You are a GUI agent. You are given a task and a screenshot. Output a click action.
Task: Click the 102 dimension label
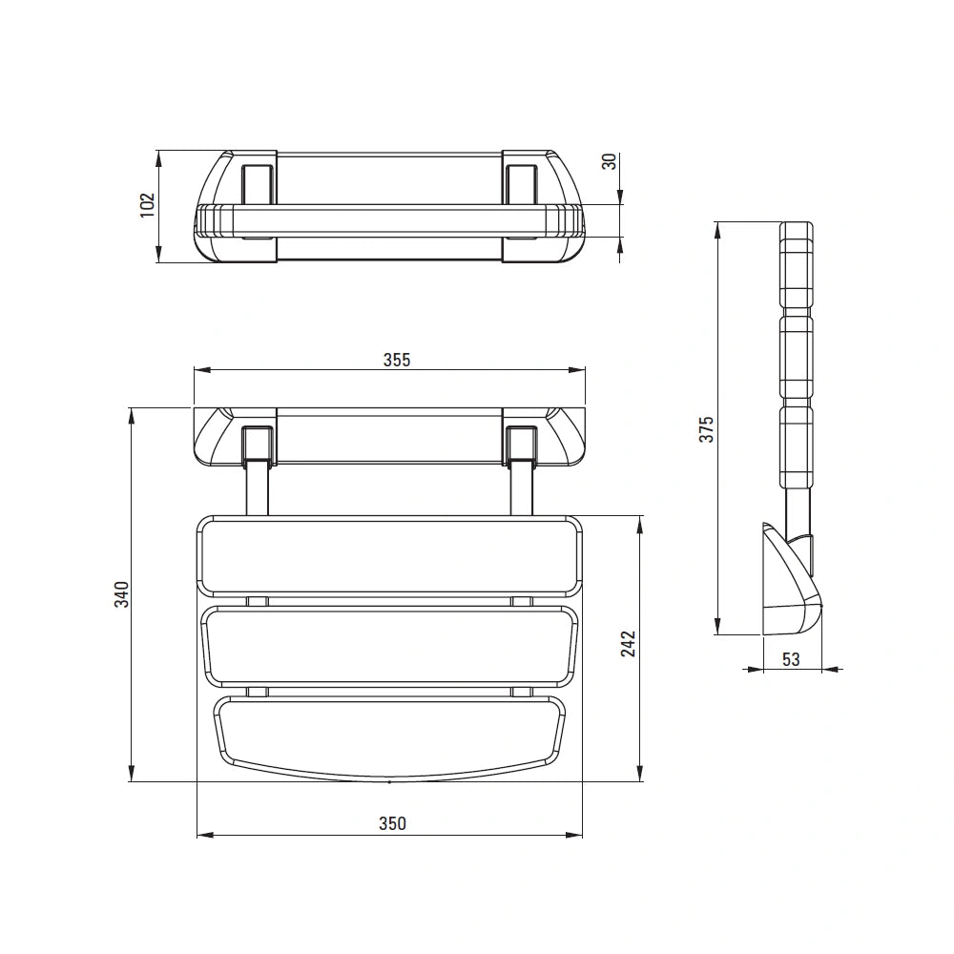[x=148, y=206]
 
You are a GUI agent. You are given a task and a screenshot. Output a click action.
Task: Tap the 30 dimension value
[x=609, y=162]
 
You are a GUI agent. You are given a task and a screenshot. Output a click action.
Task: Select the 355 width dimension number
[x=397, y=361]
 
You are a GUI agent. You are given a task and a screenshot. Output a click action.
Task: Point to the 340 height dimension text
[x=122, y=593]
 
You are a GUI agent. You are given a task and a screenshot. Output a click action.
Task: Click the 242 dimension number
[x=628, y=644]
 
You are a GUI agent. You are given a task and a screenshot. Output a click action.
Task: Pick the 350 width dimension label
[x=392, y=824]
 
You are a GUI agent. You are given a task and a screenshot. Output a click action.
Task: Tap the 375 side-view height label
[x=706, y=429]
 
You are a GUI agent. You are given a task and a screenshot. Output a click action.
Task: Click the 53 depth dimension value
[x=791, y=659]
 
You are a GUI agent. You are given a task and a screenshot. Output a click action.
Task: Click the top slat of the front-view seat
[x=389, y=556]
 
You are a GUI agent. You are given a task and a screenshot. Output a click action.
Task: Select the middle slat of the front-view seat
[x=389, y=646]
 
